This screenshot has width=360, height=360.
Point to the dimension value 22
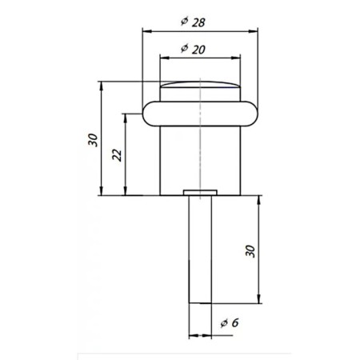pos(117,154)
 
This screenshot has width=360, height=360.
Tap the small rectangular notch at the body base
pos(200,192)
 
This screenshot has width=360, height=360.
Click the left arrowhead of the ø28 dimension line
pos(146,30)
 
